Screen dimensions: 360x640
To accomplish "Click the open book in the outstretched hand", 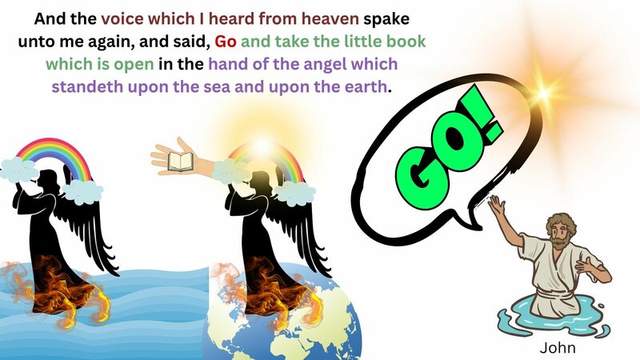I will tap(182, 162).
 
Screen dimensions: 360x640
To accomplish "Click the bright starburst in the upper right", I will tap(546, 90).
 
